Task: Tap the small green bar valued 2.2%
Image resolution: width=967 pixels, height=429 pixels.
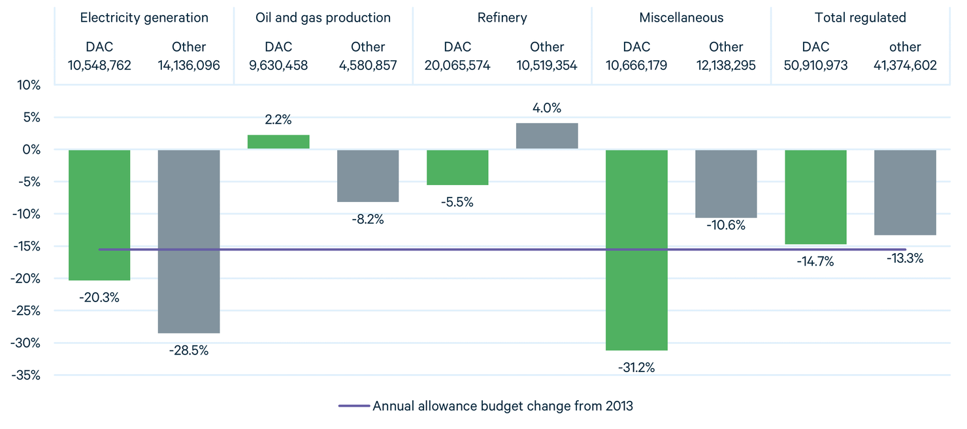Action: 278,142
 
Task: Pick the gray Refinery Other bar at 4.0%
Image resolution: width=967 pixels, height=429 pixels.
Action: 547,136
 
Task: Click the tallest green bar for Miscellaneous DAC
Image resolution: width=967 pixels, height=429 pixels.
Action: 636,250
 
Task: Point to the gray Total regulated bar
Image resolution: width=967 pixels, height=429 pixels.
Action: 905,192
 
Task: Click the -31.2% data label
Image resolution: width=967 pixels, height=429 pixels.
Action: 636,368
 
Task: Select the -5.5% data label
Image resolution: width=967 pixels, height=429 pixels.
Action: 457,202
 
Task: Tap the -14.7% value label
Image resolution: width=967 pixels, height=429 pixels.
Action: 815,262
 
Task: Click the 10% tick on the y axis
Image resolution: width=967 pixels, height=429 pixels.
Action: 28,86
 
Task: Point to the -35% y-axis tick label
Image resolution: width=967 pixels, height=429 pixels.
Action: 25,375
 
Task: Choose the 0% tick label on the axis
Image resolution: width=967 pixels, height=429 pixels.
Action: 31,150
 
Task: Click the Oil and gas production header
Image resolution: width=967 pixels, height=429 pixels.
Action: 323,18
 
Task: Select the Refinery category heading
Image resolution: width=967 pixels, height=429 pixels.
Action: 502,18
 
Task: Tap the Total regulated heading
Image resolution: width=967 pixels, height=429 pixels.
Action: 860,18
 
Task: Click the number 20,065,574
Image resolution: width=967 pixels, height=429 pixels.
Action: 457,65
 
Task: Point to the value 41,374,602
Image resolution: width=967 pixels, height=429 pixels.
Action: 905,65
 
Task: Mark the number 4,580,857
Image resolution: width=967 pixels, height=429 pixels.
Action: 368,65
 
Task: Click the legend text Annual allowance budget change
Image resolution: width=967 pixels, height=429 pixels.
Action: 502,406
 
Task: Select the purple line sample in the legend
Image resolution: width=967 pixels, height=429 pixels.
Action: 353,406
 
